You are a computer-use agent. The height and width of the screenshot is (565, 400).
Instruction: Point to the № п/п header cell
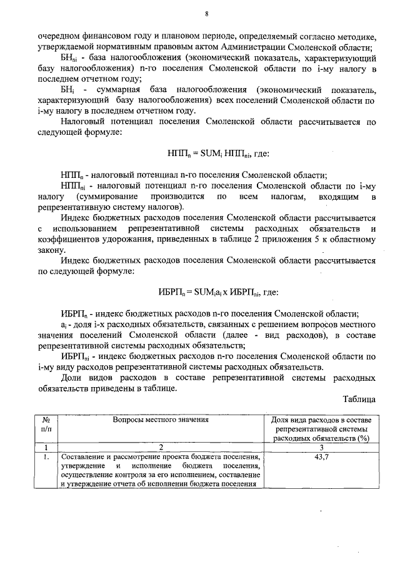tap(46, 425)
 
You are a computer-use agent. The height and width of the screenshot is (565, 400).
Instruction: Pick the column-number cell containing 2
tap(161, 448)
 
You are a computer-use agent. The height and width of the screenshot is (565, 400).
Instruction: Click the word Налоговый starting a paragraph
tap(82, 122)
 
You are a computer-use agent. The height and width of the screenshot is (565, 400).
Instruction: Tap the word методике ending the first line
tap(355, 36)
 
